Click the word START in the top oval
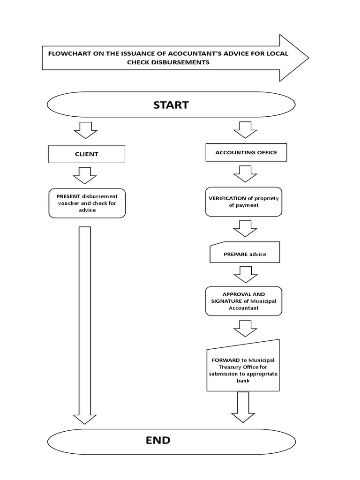click(171, 105)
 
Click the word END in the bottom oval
click(158, 440)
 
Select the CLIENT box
click(87, 154)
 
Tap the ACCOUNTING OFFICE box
click(246, 152)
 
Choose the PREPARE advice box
click(245, 254)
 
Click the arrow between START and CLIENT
click(85, 130)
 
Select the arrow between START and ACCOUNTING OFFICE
click(245, 130)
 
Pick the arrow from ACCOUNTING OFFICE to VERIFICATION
click(245, 173)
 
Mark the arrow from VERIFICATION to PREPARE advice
click(245, 228)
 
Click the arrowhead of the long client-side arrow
click(85, 419)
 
